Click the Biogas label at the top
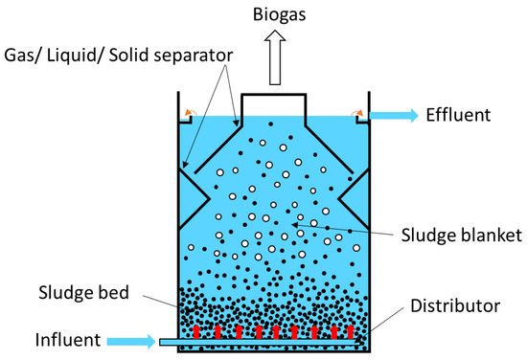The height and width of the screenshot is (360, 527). (x=279, y=14)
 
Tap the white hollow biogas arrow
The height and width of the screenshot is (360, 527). (x=275, y=57)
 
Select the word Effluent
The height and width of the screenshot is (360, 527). (x=458, y=115)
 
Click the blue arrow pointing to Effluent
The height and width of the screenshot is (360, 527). (x=394, y=115)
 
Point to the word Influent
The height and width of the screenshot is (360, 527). (x=68, y=340)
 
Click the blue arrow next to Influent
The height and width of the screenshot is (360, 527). (x=131, y=342)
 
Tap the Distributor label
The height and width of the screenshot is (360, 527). (x=455, y=306)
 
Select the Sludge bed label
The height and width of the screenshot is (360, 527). (x=83, y=292)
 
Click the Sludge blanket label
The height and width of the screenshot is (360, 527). (x=462, y=235)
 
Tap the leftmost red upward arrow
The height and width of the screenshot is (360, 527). (x=196, y=331)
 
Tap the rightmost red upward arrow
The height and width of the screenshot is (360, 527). (x=350, y=331)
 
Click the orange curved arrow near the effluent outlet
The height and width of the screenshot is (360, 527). (x=357, y=112)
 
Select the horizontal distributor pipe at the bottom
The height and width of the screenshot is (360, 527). (x=260, y=342)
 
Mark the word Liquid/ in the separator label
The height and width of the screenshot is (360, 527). (x=72, y=56)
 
